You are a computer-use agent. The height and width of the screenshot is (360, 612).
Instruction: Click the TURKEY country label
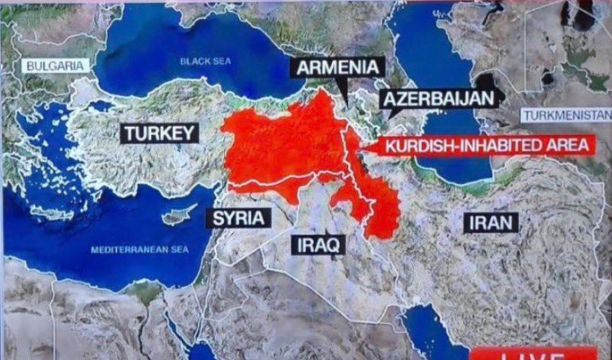coord(159,134)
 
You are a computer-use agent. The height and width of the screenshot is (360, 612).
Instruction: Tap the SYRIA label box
coord(238,218)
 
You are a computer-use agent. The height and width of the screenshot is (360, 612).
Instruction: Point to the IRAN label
coord(490,222)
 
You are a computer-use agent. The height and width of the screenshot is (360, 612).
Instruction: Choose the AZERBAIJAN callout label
coord(438,99)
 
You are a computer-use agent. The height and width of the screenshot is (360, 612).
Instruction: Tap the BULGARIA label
coord(55,66)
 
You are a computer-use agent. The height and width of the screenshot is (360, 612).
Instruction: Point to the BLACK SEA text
coord(205,61)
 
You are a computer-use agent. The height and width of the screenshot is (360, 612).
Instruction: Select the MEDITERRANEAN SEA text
coord(140,249)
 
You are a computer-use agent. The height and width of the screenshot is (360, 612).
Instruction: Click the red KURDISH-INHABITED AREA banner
coord(486,146)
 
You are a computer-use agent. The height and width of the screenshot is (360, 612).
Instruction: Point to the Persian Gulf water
coord(428,331)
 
